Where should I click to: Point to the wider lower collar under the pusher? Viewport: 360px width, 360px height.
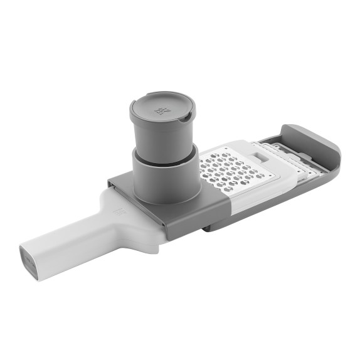tap(164, 179)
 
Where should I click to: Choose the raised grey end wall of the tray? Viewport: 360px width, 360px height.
tap(320, 141)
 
